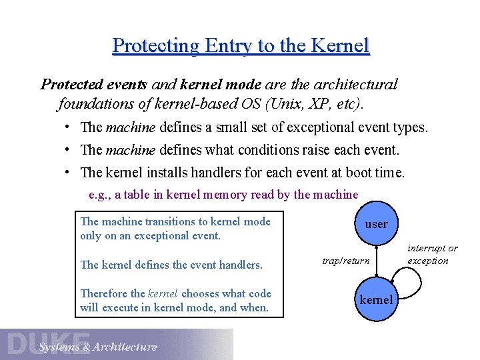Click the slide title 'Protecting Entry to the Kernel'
[241, 45]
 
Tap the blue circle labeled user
[376, 224]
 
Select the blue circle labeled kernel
[376, 299]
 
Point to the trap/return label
[345, 261]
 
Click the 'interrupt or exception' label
[433, 255]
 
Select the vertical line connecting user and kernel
[377, 261]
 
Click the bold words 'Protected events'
[95, 85]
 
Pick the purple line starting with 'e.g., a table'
[223, 195]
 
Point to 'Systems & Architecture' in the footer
[98, 347]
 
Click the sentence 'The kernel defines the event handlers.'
[171, 265]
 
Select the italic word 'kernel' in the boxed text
[163, 293]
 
